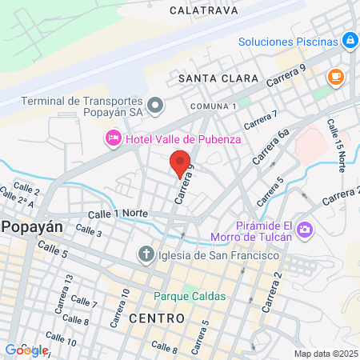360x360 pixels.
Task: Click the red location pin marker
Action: click(181, 162)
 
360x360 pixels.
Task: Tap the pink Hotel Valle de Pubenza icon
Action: click(113, 139)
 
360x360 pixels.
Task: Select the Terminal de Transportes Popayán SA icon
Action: click(156, 105)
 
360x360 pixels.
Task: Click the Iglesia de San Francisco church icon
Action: click(146, 255)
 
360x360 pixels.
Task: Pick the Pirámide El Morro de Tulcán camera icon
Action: click(304, 231)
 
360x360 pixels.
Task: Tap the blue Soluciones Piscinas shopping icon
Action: click(350, 39)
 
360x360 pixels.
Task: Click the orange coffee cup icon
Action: click(335, 77)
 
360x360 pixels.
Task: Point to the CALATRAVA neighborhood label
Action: click(202, 11)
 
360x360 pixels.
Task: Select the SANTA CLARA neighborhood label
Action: click(218, 78)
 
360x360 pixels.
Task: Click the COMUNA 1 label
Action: click(214, 106)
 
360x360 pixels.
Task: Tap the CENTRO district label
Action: click(157, 318)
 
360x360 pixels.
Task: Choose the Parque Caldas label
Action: click(190, 295)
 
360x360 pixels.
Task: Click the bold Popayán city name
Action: click(32, 226)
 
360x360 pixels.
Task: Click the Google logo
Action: click(26, 350)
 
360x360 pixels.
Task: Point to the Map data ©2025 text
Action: click(326, 354)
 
